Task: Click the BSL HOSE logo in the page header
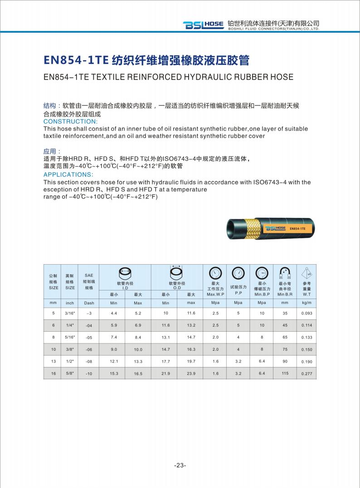point(203,25)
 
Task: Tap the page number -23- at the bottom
point(180,465)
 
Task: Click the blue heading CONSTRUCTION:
point(70,121)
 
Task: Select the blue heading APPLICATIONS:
point(68,174)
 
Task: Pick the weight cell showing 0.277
point(306,374)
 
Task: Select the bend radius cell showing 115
point(285,373)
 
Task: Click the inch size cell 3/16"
point(70,313)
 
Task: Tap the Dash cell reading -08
point(89,362)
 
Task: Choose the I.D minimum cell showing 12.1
point(114,361)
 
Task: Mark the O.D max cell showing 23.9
point(191,373)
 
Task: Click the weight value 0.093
point(306,314)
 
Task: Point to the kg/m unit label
point(306,302)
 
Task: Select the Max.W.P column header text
point(215,294)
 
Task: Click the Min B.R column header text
point(285,294)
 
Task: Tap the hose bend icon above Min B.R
point(285,273)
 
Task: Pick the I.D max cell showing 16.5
point(138,374)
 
